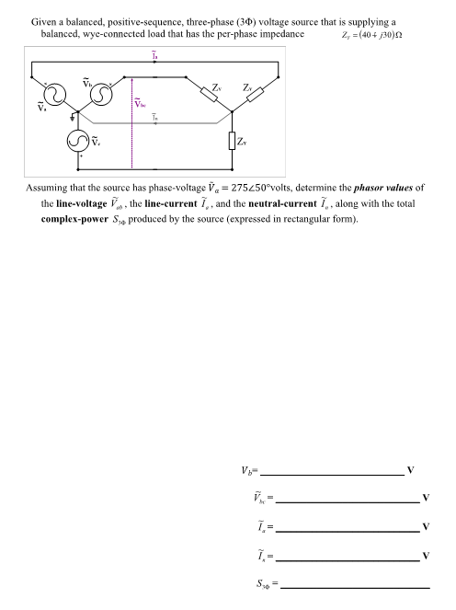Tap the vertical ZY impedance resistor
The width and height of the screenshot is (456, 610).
[233, 142]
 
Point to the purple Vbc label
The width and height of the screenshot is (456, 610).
[141, 103]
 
